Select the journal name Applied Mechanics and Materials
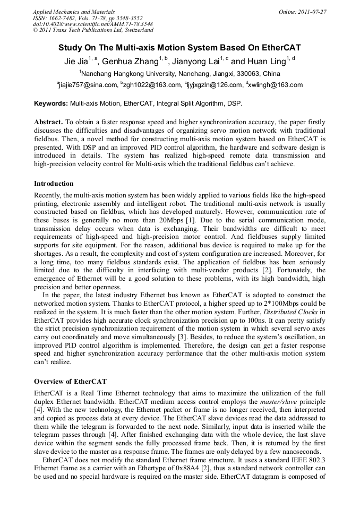pos(74,11)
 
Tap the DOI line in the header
pos(93,24)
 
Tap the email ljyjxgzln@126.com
pos(215,85)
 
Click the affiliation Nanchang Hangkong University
pos(126,73)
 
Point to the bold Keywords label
pos(51,103)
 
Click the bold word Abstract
pos(48,122)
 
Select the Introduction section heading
pos(54,184)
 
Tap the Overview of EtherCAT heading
pos(70,381)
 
